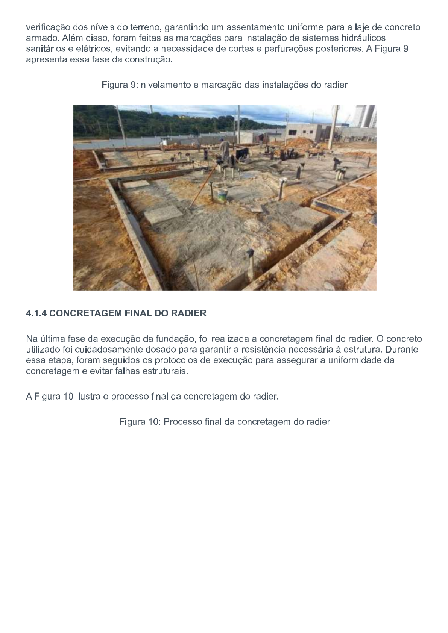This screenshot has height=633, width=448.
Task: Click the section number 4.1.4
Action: coord(36,313)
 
